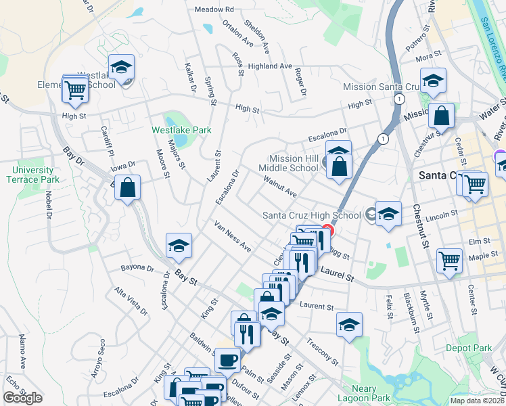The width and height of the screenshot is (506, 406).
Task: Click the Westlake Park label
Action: coord(181,130)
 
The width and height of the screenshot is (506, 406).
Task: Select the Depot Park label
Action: coord(469,348)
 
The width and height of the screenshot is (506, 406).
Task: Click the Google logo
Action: coord(22,399)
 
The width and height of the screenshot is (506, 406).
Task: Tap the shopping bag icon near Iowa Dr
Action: coord(127,187)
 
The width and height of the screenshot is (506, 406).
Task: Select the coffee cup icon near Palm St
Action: coord(227,359)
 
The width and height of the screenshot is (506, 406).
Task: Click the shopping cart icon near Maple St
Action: coord(449,261)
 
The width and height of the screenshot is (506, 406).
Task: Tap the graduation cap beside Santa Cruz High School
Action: coord(388,214)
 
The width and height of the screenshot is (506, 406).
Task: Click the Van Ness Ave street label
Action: coord(233,236)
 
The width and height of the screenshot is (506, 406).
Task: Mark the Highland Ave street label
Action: coord(270,66)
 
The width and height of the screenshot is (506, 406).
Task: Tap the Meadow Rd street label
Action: coord(214,9)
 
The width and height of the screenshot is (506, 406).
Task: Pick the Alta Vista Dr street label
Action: coord(130,301)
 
